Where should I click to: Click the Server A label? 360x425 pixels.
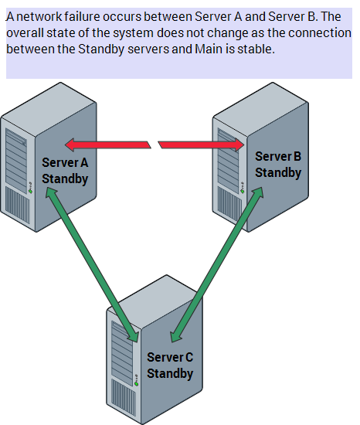[x=65, y=162]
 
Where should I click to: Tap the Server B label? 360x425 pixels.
[x=278, y=156]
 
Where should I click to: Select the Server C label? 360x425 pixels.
[x=170, y=357]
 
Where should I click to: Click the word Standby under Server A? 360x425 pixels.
[x=65, y=179]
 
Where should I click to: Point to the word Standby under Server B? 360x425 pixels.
[x=278, y=173]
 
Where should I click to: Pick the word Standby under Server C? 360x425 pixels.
[x=170, y=373]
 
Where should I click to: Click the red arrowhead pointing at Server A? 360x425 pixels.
[x=70, y=144]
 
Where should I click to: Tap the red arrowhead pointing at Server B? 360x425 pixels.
[x=239, y=144]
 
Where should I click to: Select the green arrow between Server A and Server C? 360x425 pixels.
[x=93, y=265]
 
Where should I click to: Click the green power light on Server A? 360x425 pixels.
[x=30, y=192]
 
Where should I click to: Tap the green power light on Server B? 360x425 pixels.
[x=242, y=192]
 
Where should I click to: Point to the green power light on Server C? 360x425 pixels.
[x=137, y=384]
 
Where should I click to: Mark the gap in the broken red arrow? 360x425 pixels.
[x=155, y=144]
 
